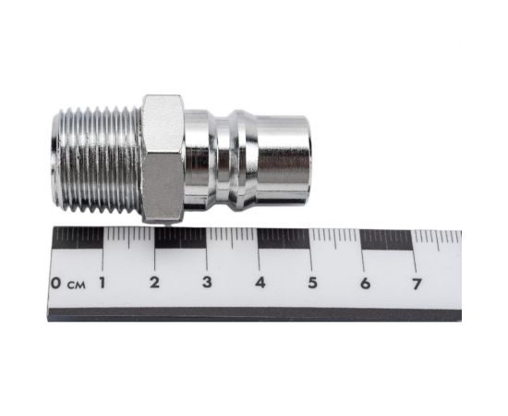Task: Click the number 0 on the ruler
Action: coord(55,283)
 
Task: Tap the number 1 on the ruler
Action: coord(103,283)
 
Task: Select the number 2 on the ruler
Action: coord(154,282)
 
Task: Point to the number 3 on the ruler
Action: coord(207,282)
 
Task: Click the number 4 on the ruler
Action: coord(260,282)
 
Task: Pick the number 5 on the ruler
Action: coord(312,283)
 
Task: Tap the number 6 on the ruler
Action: coord(365,284)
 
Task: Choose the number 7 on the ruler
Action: coord(417,284)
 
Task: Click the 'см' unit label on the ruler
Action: coord(77,286)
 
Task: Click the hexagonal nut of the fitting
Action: coord(163,159)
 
